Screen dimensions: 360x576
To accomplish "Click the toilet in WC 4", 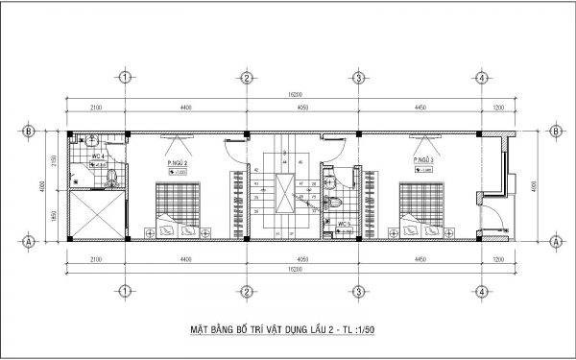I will pyautogui.click(x=113, y=175).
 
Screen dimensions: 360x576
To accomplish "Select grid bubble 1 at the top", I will pyautogui.click(x=125, y=78).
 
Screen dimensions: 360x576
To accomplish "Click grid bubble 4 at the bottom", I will pyautogui.click(x=478, y=290).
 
